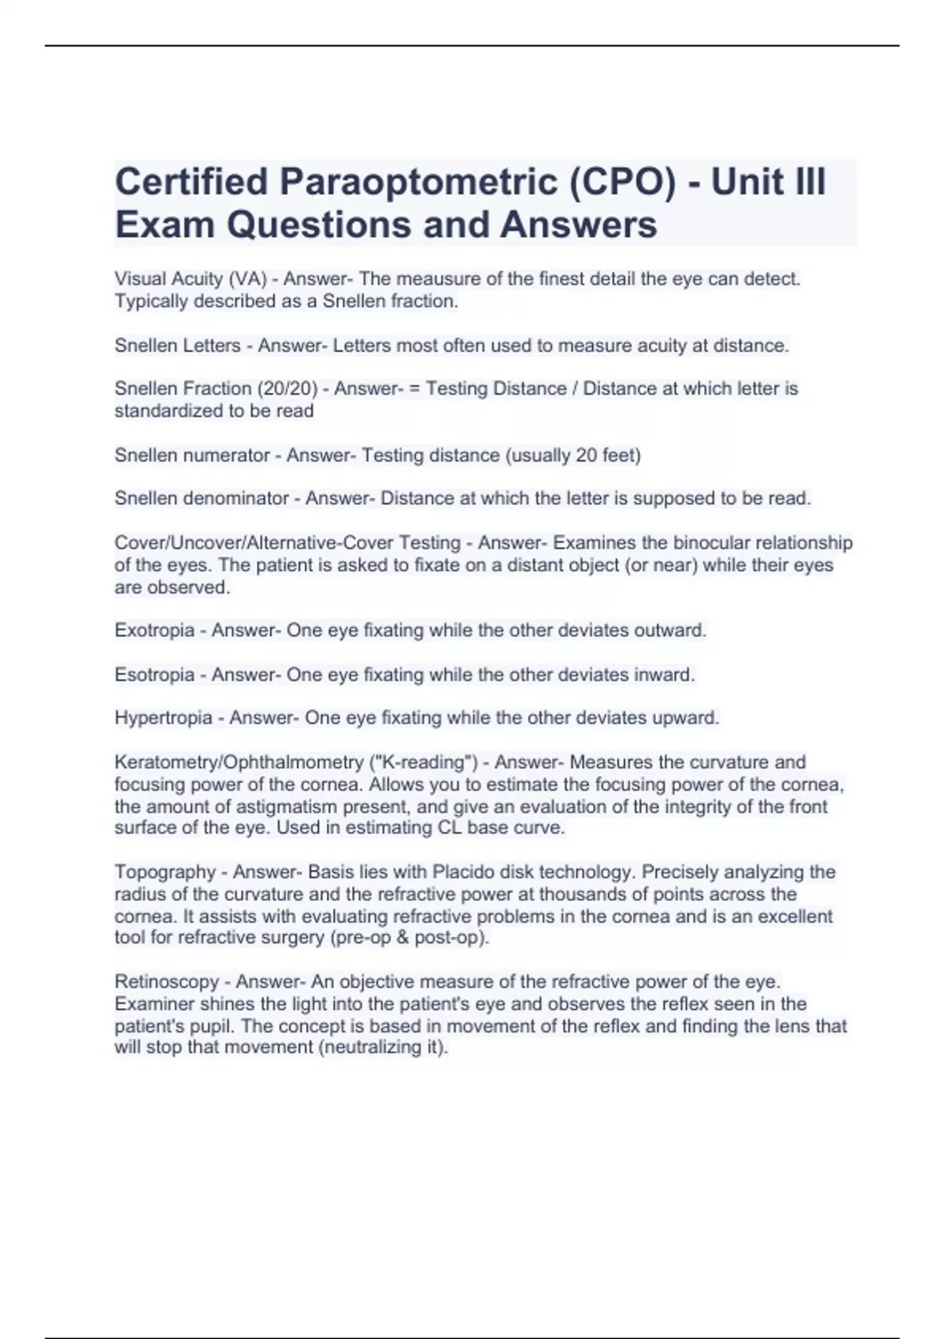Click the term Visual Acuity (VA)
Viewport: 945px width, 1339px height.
point(191,279)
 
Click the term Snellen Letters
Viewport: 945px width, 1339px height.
point(178,346)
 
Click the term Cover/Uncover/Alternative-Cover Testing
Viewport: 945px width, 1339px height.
point(287,543)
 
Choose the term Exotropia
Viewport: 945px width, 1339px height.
point(154,630)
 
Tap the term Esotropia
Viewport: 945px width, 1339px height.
point(154,675)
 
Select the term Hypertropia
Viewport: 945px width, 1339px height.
point(164,718)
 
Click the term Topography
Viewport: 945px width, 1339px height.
point(165,872)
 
